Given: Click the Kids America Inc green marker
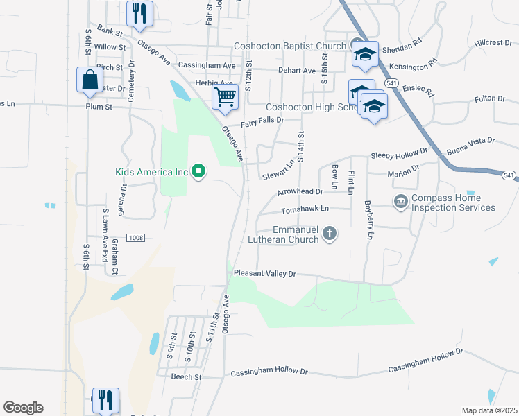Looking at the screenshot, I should click(198, 171).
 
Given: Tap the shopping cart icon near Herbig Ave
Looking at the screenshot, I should click(225, 97).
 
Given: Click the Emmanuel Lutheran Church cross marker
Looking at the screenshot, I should click(330, 234).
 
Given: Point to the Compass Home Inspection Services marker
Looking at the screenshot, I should click(401, 202).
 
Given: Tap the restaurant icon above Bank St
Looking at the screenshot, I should click(140, 14).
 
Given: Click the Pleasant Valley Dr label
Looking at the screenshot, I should click(265, 274).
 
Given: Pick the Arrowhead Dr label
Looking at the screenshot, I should click(300, 191).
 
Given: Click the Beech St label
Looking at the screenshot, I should click(187, 377).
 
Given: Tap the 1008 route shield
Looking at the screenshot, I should click(135, 238).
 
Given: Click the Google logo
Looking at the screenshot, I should click(23, 408).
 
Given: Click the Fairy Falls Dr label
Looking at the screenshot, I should click(262, 121).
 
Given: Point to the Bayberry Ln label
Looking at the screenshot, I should click(368, 220).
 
